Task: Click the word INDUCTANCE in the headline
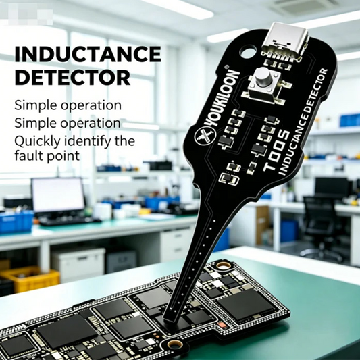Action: (x=88, y=54)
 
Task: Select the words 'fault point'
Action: (x=47, y=156)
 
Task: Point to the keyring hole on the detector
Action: (x=248, y=51)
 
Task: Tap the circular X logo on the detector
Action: (x=205, y=136)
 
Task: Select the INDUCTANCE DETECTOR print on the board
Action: (x=303, y=122)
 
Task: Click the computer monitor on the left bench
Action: (x=58, y=196)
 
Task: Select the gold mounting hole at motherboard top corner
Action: (x=224, y=266)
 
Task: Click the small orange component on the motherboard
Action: (x=222, y=325)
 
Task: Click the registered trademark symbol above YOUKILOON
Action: (x=226, y=67)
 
